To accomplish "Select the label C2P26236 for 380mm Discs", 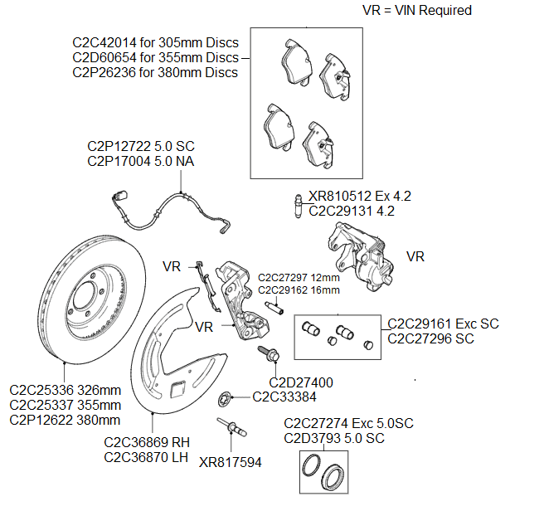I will click(155, 73).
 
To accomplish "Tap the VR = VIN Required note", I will click(416, 11).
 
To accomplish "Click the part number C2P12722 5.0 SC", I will click(140, 146).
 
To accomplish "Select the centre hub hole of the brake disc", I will click(85, 295).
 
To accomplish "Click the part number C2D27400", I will click(301, 382).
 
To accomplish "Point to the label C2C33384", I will click(286, 397).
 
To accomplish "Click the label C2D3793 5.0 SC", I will click(335, 438).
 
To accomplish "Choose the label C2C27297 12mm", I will click(299, 277).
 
